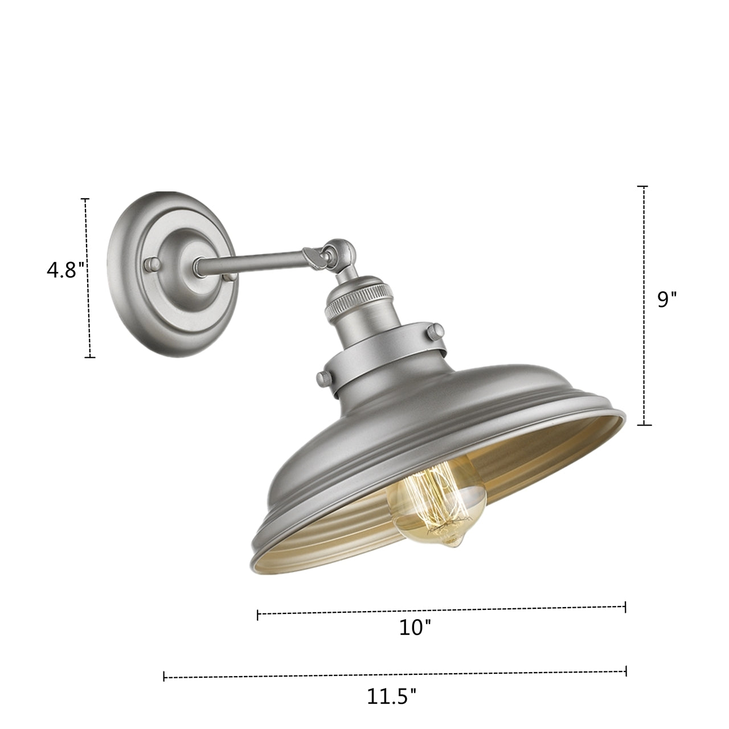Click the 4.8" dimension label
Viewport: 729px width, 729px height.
(x=65, y=269)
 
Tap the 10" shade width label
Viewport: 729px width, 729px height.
(x=415, y=628)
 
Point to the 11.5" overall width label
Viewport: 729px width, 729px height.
(x=391, y=696)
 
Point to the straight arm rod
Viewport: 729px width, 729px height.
(x=251, y=259)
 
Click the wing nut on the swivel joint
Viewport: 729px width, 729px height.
(x=315, y=256)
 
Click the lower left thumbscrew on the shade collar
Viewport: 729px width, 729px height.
(x=324, y=378)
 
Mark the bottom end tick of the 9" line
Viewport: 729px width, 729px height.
(x=644, y=425)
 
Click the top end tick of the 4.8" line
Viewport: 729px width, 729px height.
(x=85, y=199)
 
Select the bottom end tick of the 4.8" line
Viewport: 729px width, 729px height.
(x=89, y=358)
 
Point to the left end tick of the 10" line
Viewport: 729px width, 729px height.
(x=258, y=615)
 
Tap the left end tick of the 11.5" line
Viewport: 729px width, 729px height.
(x=164, y=677)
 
